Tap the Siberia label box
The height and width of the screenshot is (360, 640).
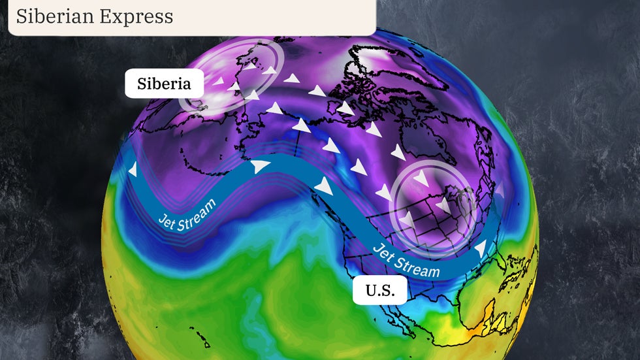point(164,84)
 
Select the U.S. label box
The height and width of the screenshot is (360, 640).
point(379,291)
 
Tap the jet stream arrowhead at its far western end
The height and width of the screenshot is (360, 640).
point(133,170)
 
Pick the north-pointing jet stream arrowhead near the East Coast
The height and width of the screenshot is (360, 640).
point(481,248)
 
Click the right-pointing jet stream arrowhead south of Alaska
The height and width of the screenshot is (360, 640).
point(261,167)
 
